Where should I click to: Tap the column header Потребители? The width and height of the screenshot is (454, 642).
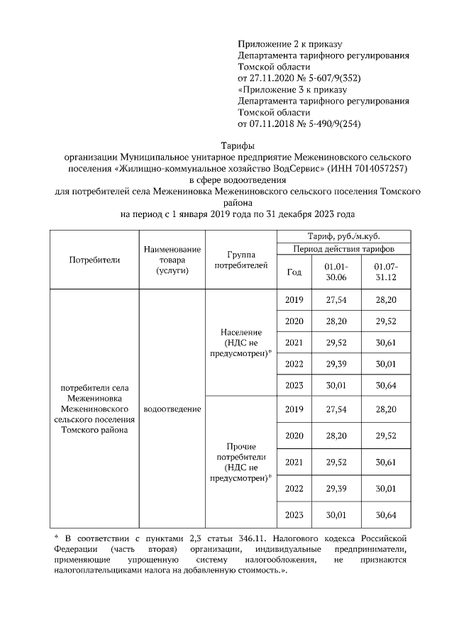tap(94, 260)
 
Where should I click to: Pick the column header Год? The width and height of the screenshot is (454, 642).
tap(294, 272)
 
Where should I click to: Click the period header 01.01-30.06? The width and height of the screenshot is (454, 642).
tap(336, 272)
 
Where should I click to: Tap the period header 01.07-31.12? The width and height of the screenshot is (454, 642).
tap(385, 272)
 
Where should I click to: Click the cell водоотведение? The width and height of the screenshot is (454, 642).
tap(172, 409)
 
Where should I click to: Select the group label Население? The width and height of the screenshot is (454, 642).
tap(241, 332)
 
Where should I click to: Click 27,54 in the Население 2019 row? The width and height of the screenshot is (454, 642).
tap(336, 300)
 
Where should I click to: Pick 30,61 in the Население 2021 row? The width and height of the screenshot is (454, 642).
tap(385, 343)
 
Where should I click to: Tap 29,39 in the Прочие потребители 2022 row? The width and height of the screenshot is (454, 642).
tap(336, 489)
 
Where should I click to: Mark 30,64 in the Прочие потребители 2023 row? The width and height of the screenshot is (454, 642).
tap(385, 514)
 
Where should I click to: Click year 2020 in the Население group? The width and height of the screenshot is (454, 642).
tap(294, 321)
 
